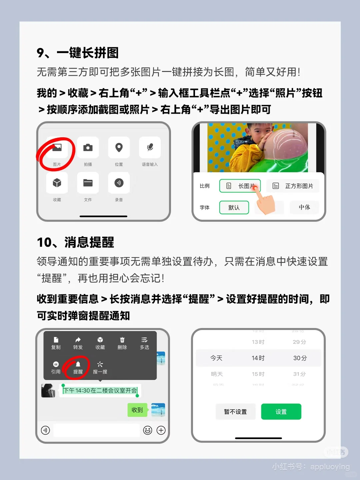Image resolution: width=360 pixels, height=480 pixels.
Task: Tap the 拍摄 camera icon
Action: (88, 148)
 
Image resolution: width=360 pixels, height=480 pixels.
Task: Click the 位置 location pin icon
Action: (119, 148)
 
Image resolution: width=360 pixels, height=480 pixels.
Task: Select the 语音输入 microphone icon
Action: (150, 148)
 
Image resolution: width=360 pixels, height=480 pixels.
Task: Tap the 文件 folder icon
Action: (88, 183)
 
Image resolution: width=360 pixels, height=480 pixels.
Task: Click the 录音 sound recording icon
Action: (119, 183)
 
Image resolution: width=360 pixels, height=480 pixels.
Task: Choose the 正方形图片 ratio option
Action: (293, 186)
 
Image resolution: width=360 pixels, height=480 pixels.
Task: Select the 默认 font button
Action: (234, 207)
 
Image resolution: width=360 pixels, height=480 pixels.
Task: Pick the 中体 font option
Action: (304, 207)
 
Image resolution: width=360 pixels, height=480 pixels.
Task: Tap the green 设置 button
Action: (281, 412)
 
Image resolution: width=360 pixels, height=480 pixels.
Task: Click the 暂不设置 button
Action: (235, 412)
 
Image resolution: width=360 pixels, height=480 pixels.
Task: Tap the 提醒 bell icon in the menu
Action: (78, 365)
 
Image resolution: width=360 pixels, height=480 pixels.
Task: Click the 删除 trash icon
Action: (122, 340)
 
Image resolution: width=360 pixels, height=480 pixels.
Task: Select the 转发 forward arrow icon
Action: (78, 340)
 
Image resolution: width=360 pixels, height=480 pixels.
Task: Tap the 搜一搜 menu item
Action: (100, 367)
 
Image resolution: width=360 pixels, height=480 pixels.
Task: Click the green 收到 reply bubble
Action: (137, 410)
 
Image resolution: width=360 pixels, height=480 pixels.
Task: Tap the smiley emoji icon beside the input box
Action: (148, 430)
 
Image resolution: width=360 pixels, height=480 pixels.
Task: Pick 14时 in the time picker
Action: (258, 358)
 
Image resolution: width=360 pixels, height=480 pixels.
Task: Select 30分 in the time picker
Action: (300, 358)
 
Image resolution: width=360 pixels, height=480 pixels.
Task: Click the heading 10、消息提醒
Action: (76, 242)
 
